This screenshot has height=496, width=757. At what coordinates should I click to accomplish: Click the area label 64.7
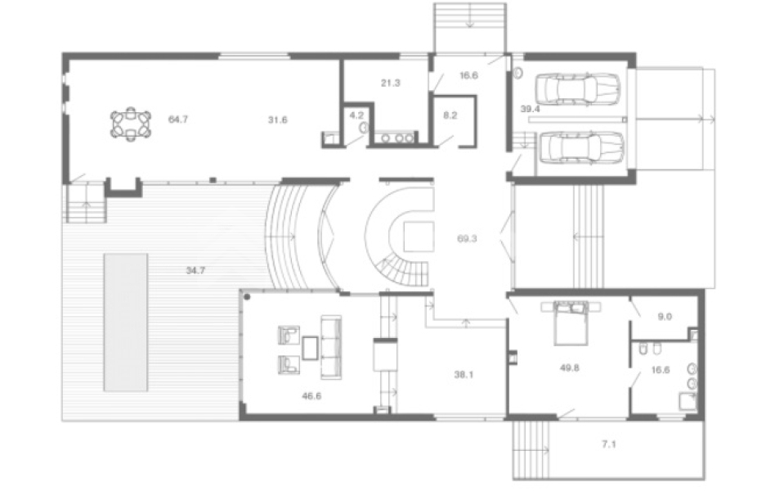click(177, 119)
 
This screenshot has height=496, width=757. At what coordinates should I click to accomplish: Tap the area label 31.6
click(278, 119)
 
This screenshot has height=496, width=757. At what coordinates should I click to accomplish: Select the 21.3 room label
click(390, 83)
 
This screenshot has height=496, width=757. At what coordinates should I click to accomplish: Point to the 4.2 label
click(356, 115)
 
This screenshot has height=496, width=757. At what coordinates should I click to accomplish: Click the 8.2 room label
click(450, 115)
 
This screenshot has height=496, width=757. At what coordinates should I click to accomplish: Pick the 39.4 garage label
click(530, 109)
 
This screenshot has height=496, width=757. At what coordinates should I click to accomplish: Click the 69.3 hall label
click(467, 238)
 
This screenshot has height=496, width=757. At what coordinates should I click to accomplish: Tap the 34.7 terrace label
click(195, 271)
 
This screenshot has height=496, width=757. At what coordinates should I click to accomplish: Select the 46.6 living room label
click(311, 396)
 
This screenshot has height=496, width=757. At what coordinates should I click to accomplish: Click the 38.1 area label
click(464, 374)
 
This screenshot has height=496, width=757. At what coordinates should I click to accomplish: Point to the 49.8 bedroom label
click(569, 367)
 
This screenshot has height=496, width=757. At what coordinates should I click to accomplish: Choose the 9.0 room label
click(665, 317)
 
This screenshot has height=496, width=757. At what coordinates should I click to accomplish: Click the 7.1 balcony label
click(609, 444)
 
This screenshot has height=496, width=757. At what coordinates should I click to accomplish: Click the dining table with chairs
click(131, 124)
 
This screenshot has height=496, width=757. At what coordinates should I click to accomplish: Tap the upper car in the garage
click(577, 88)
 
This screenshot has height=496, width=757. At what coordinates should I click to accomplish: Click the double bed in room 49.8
click(571, 322)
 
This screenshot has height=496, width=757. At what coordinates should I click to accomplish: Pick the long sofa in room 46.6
click(331, 347)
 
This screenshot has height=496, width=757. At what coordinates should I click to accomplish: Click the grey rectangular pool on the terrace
click(126, 322)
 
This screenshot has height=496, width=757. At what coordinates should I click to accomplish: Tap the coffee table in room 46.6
click(310, 348)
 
